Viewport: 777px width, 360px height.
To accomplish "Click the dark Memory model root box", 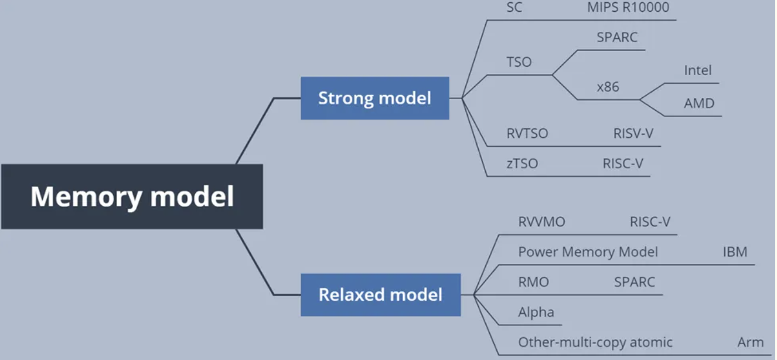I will pyautogui.click(x=132, y=196).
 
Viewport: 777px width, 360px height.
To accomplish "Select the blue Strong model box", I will pyautogui.click(x=374, y=98).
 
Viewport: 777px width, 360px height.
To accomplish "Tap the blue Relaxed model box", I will pyautogui.click(x=380, y=294).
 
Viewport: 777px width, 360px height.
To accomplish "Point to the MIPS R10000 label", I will pyautogui.click(x=628, y=8).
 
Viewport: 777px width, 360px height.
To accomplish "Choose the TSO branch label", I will pyautogui.click(x=519, y=62).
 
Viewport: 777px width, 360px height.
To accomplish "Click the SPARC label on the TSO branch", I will pyautogui.click(x=617, y=38).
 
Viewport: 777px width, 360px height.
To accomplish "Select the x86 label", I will pyautogui.click(x=608, y=87).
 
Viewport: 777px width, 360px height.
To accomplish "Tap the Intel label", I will pyautogui.click(x=697, y=70).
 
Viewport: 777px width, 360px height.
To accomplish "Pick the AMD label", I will pyautogui.click(x=699, y=103).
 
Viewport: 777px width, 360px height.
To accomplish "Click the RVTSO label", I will pyautogui.click(x=527, y=134).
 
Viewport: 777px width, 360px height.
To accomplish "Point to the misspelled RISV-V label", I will pyautogui.click(x=633, y=134).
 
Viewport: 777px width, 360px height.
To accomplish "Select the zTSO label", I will pyautogui.click(x=522, y=164).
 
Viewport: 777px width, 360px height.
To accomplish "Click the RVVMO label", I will pyautogui.click(x=541, y=222).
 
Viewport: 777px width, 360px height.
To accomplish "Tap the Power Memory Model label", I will pyautogui.click(x=588, y=252).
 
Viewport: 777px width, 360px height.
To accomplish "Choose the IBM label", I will pyautogui.click(x=735, y=252).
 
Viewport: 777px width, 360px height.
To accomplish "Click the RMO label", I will pyautogui.click(x=533, y=282).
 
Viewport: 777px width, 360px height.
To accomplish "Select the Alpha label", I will pyautogui.click(x=536, y=312).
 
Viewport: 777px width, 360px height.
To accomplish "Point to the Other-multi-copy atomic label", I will pyautogui.click(x=595, y=342).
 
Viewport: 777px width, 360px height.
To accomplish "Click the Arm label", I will pyautogui.click(x=750, y=342).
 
